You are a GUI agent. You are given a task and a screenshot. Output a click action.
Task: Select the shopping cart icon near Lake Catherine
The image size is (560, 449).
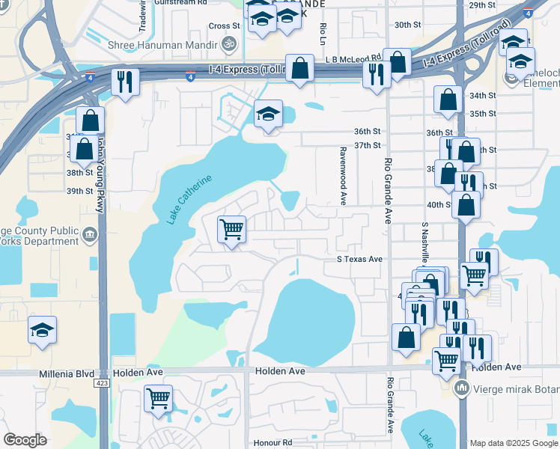point(232,229)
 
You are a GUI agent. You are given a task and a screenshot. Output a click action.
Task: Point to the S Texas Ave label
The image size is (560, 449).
point(359,259)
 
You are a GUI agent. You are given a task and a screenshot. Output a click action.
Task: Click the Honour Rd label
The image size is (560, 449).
point(273,442)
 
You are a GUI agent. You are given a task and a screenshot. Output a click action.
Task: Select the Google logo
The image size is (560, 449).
point(25,440)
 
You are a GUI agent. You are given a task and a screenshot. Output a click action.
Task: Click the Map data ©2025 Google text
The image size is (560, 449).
point(514,443)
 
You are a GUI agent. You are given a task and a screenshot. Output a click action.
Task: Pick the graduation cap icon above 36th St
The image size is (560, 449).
point(268,114)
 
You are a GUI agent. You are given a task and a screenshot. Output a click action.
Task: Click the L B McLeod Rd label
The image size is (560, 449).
point(353,58)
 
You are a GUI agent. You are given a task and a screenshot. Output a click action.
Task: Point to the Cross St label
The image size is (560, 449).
point(224,25)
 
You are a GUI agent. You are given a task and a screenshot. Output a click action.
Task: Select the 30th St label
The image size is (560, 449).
point(408,25)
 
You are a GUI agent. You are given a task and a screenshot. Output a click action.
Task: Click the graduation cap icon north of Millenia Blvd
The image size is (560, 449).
point(42,329)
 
